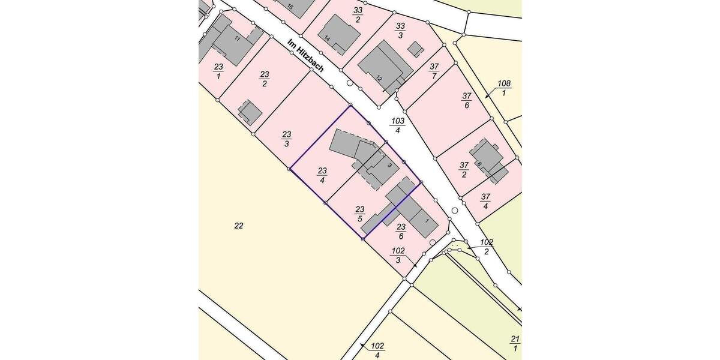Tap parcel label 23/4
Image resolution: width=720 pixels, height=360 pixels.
point(322,175)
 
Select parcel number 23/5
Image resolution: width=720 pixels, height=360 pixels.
point(359,214)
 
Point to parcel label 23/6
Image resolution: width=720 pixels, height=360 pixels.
point(401,231)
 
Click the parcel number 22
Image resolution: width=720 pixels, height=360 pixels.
point(238,226)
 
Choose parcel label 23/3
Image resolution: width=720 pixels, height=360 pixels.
point(287,139)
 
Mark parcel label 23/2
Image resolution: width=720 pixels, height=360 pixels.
point(265,79)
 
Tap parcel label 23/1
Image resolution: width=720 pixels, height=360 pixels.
point(218,71)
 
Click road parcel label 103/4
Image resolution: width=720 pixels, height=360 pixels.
point(398,125)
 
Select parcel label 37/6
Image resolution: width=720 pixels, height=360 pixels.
point(467,100)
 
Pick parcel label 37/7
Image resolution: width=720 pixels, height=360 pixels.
point(434,71)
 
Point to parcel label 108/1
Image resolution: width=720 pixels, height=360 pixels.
point(503,88)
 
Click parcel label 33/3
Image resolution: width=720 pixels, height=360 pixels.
point(401,30)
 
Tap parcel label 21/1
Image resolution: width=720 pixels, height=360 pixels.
point(514,344)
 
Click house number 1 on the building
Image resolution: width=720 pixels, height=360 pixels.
point(427,221)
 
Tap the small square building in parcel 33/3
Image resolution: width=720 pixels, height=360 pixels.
point(415,49)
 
